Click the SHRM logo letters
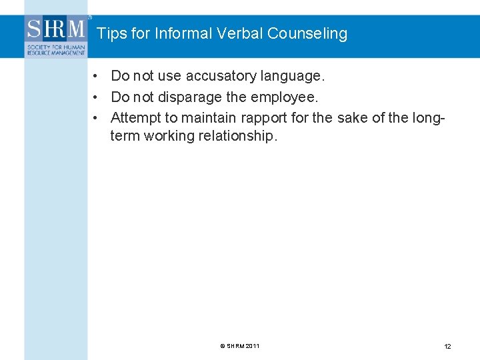click(x=56, y=29)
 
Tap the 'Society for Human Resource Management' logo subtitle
click(x=56, y=49)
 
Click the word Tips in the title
click(x=110, y=33)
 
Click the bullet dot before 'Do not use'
click(x=97, y=76)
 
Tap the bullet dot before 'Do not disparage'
click(x=97, y=97)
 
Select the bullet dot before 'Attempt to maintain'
click(x=97, y=118)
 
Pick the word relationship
click(x=238, y=136)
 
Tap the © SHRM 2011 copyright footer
click(x=240, y=346)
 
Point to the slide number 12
click(x=447, y=347)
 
